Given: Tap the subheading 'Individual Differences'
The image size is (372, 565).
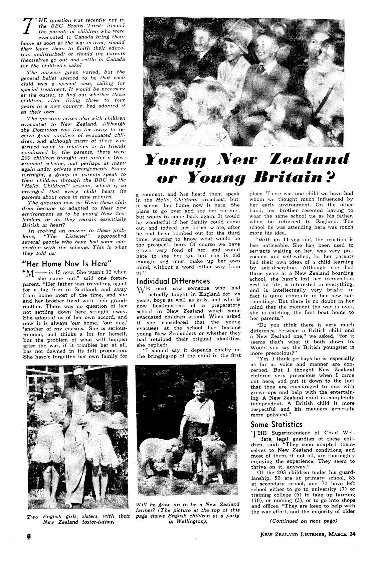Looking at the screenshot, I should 173,281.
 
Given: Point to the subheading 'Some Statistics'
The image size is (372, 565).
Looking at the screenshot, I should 276,424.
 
